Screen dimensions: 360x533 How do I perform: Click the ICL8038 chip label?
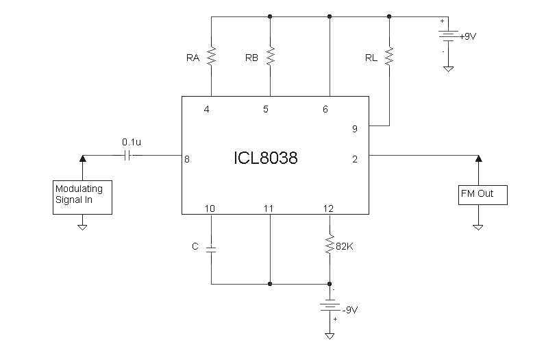click(x=265, y=158)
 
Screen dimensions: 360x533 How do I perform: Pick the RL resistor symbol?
click(x=389, y=56)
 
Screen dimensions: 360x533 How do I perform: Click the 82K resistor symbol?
click(x=330, y=245)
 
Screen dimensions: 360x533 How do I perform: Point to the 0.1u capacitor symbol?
click(x=128, y=155)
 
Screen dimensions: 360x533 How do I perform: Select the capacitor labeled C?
click(x=211, y=248)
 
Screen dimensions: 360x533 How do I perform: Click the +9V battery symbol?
click(x=447, y=36)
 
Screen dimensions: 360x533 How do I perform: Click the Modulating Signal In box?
click(x=82, y=197)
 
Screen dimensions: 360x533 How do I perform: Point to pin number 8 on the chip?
click(x=186, y=160)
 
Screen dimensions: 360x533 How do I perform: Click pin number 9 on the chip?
click(x=354, y=128)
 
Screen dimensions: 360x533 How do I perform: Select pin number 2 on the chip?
click(x=355, y=159)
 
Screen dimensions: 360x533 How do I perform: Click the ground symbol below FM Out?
click(x=478, y=226)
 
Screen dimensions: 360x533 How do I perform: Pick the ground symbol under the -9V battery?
click(x=330, y=335)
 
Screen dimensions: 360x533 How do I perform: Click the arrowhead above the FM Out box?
click(x=478, y=159)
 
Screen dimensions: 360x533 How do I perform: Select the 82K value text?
click(x=345, y=245)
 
